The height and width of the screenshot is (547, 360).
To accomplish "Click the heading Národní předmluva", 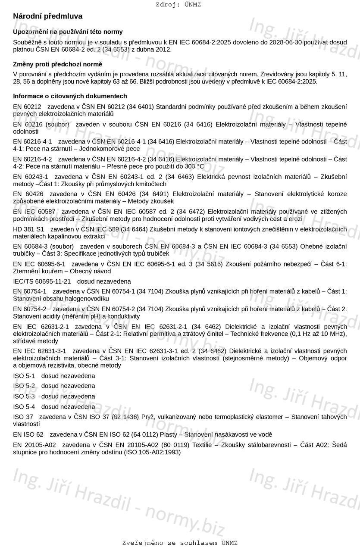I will coord(47,16).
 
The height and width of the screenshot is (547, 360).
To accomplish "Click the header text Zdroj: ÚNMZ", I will coord(178,5).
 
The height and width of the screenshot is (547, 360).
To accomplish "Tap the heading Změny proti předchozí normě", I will coord(58,64).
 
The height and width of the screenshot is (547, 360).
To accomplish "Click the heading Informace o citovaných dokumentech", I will coord(70,96).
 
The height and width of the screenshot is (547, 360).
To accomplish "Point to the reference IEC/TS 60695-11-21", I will coord(42,281).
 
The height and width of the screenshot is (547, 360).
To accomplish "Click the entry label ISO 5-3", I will coord(24,396).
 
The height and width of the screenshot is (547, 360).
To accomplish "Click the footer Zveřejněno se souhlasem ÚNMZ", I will coord(180,543).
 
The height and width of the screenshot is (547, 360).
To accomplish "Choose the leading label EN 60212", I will coord(27,106).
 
